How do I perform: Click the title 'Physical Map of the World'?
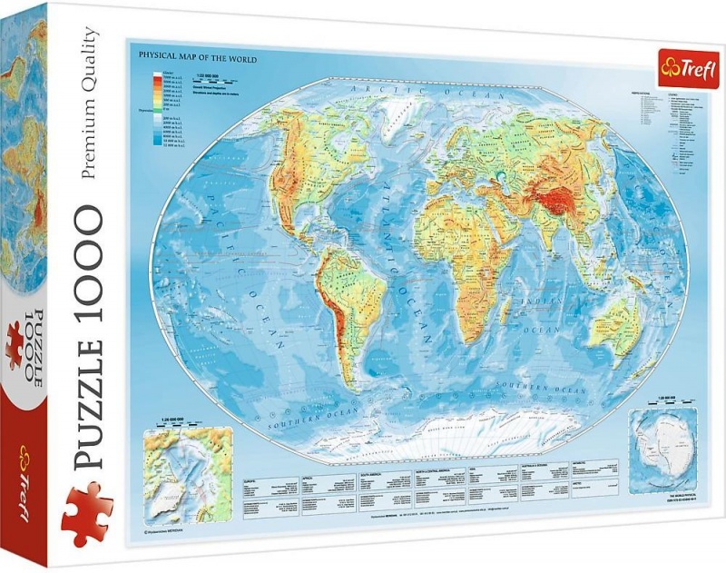[197, 59]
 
